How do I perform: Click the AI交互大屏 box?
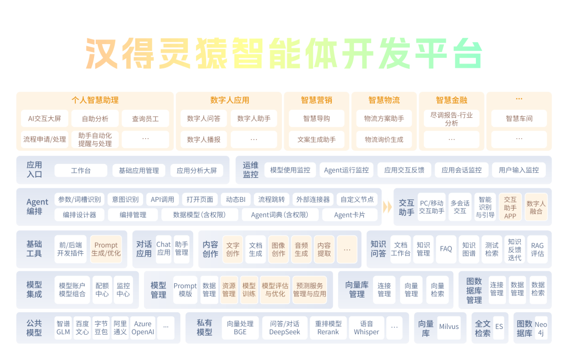click(x=45, y=119)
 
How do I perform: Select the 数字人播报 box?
click(x=204, y=140)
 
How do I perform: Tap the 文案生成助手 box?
click(x=316, y=140)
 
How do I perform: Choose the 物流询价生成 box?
click(x=384, y=140)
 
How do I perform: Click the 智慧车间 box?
click(x=519, y=119)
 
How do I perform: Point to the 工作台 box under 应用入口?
click(x=80, y=170)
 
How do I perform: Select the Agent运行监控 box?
click(x=346, y=170)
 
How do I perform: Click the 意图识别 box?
click(x=125, y=200)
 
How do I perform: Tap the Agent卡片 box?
click(x=349, y=214)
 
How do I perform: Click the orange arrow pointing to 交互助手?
click(x=388, y=207)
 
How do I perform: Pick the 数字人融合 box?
click(x=536, y=207)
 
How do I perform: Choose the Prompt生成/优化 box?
click(x=106, y=249)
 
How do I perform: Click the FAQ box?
click(x=446, y=249)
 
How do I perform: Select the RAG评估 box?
click(x=537, y=249)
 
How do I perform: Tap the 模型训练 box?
click(x=249, y=290)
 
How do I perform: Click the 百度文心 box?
click(x=82, y=328)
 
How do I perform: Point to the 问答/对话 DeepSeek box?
click(x=285, y=328)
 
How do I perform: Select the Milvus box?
click(x=449, y=327)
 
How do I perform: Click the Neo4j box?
click(x=541, y=328)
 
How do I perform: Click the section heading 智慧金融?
click(x=451, y=100)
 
